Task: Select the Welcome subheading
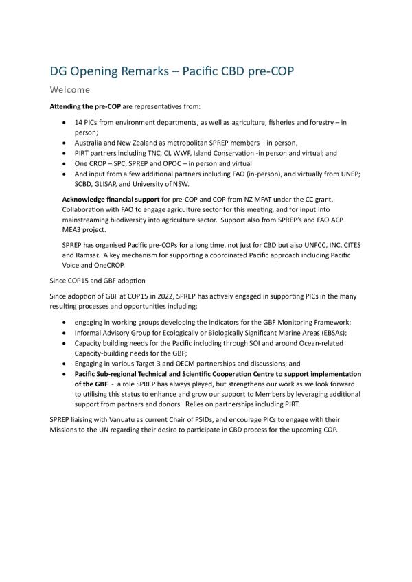[x=69, y=89]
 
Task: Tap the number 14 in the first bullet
[x=79, y=122]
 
